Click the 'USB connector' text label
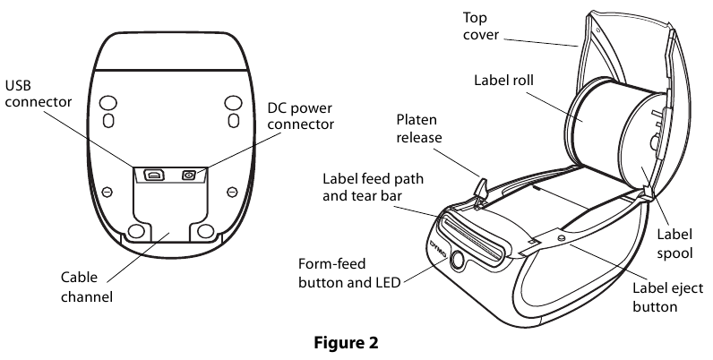pos(39,94)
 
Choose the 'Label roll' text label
pos(503,80)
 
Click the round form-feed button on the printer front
pos(458,260)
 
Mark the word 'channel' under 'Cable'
pos(86,296)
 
